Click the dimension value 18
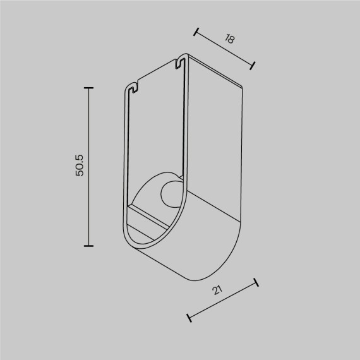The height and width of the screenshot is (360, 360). click(x=230, y=39)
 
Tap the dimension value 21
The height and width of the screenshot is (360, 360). click(x=218, y=291)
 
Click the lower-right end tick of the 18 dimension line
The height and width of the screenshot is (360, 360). click(x=253, y=64)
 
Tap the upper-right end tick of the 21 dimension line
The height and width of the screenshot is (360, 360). click(x=256, y=282)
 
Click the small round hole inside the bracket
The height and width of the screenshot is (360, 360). click(x=171, y=194)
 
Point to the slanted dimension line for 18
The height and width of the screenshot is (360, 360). click(x=224, y=47)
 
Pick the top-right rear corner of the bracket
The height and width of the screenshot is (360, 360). click(x=243, y=85)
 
